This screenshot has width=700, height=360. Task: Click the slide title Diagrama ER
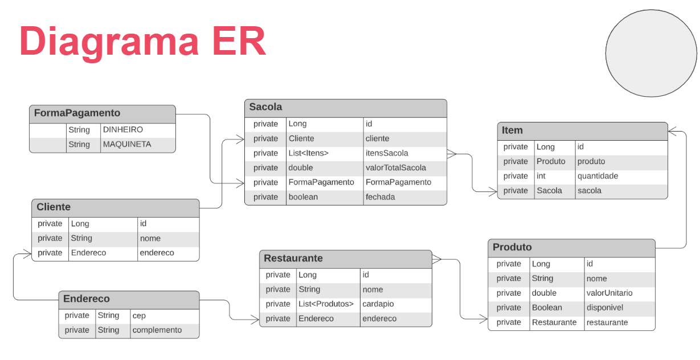tap(142, 41)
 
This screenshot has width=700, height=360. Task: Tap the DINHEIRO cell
tap(122, 130)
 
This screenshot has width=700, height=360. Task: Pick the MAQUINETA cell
tap(126, 145)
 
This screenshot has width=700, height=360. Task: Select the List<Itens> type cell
tap(308, 153)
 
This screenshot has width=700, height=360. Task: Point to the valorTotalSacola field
tap(395, 168)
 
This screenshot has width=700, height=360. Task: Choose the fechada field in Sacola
tap(380, 197)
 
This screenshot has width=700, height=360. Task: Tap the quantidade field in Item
tap(597, 176)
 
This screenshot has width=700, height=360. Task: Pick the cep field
tap(139, 316)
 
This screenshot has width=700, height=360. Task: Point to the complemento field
tap(157, 330)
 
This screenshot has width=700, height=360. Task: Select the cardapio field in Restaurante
tap(378, 304)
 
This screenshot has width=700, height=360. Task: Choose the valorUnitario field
tap(609, 293)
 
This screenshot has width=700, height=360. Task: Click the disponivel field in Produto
tap(604, 308)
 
